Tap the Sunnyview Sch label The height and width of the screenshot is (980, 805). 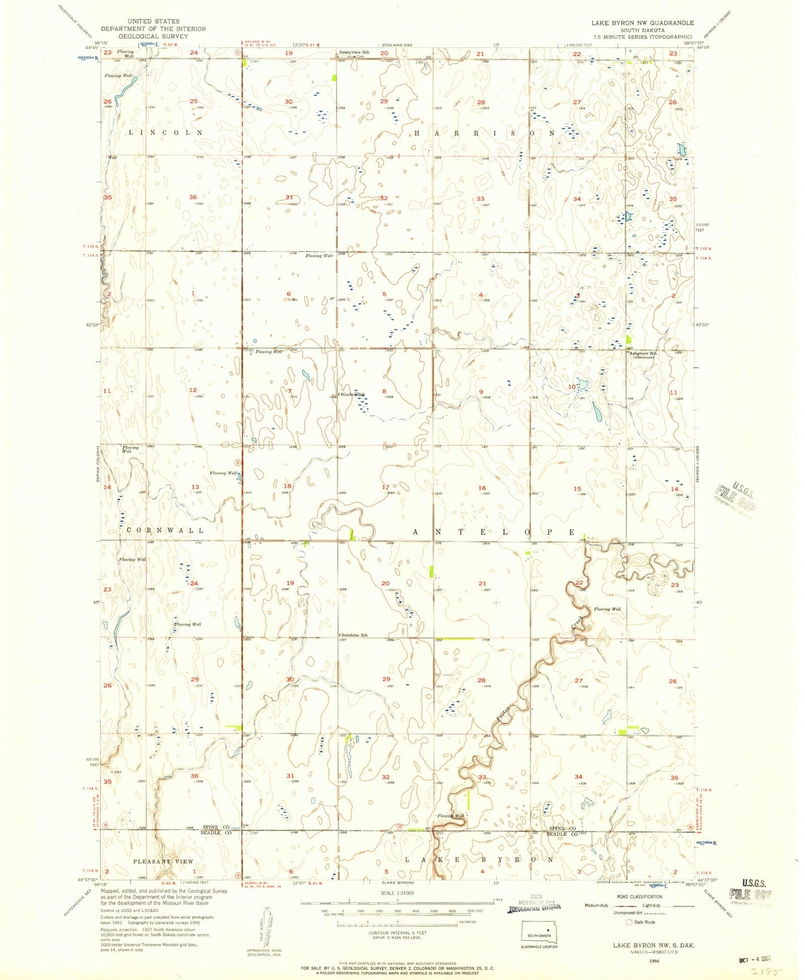coord(354,52)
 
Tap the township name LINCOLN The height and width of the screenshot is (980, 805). coord(166,133)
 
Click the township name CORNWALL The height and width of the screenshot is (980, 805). coord(165,530)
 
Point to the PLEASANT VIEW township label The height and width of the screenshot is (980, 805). coord(163,861)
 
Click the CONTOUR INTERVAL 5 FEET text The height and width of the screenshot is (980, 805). coord(397,933)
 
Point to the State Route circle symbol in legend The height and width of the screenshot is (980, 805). coord(630,922)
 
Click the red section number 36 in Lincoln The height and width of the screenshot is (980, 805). coord(193,197)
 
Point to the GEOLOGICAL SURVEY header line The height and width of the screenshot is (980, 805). coord(153,36)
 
